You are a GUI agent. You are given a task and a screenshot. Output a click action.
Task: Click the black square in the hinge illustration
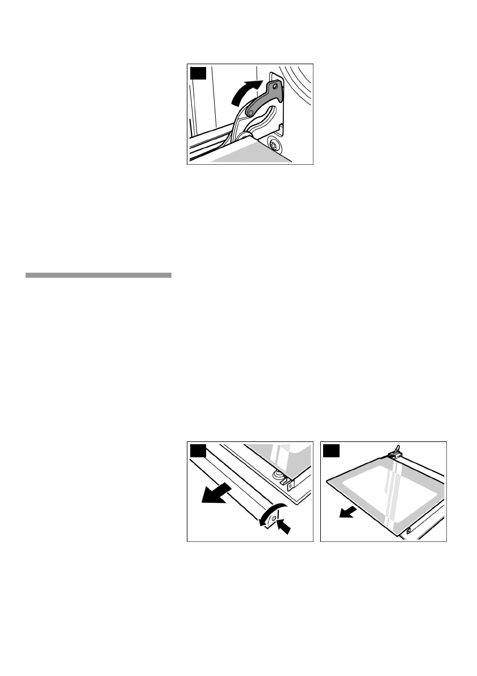(x=197, y=74)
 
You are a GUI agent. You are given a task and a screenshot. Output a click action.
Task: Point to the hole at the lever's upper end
(x=275, y=87)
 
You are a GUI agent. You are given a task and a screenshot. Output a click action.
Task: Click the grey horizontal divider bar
(x=98, y=276)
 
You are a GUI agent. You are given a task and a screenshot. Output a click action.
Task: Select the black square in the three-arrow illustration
(x=197, y=452)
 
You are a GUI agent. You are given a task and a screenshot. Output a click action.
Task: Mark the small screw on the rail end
(x=274, y=519)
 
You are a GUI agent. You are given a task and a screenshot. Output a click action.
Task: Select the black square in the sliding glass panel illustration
(x=330, y=452)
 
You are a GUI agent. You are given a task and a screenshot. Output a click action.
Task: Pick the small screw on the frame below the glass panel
(x=409, y=531)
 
